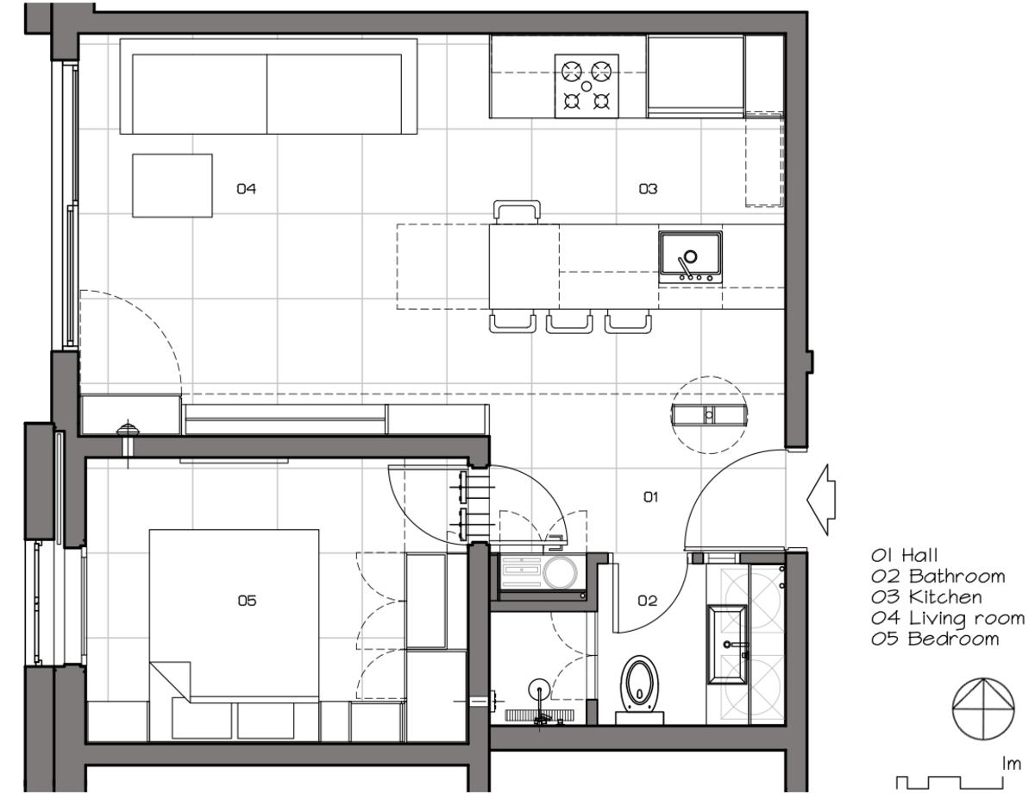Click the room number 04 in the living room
(247, 189)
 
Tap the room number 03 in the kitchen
(648, 189)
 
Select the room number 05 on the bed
(247, 601)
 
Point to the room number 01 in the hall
(650, 497)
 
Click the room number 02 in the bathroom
(647, 601)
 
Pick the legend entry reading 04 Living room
(947, 619)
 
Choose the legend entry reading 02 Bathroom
(938, 577)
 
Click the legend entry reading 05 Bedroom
(934, 639)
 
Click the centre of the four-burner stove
(586, 85)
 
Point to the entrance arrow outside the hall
(820, 500)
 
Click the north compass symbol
(983, 709)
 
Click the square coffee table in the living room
(172, 186)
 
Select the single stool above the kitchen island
(517, 212)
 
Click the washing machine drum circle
(560, 572)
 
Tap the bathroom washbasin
(727, 645)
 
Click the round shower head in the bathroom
(539, 690)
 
